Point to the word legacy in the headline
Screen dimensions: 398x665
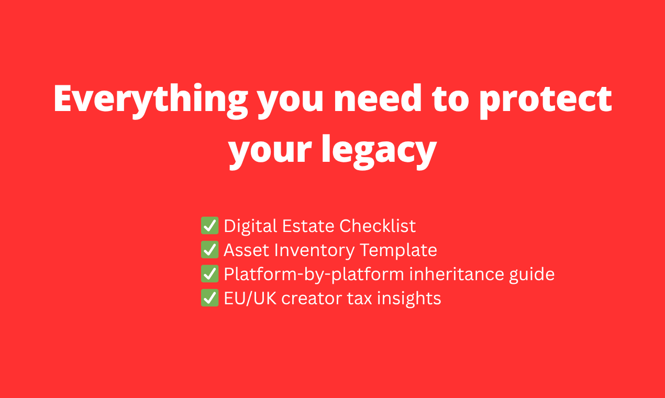click(379, 149)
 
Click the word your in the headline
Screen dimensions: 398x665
click(270, 149)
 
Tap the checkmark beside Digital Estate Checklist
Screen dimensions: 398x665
click(209, 226)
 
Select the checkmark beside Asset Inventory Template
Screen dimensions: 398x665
click(209, 250)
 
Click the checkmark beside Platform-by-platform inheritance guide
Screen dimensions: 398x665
click(209, 274)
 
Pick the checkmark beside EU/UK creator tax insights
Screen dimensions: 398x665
click(209, 298)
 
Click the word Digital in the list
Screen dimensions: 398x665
click(250, 226)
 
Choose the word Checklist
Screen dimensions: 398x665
click(378, 226)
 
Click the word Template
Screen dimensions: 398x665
click(398, 250)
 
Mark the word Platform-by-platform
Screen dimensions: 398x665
click(306, 274)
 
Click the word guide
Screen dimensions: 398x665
click(530, 274)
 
